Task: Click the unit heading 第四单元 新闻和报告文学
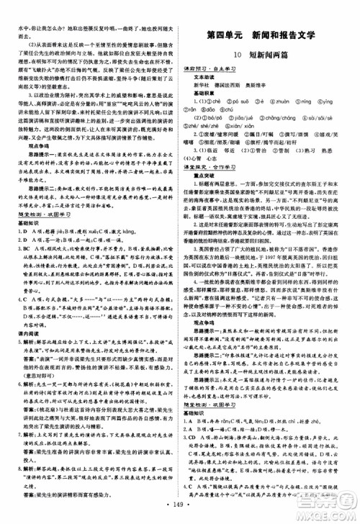point(264,35)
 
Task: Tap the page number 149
point(179,515)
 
